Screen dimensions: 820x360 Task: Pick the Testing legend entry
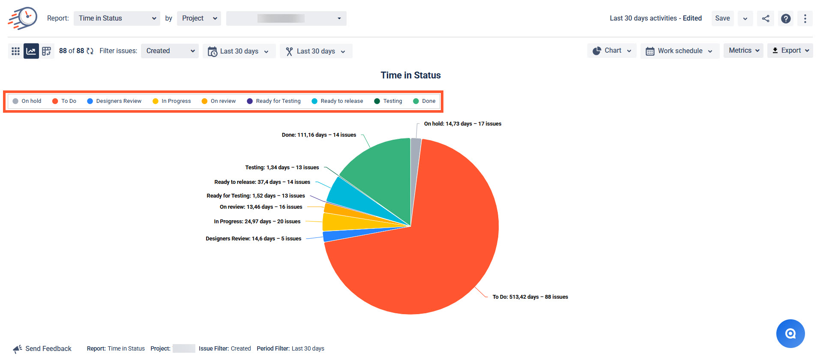point(388,101)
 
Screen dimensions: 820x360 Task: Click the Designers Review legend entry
point(114,101)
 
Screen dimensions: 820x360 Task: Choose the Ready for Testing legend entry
point(274,101)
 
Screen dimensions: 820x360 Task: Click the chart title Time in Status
point(410,75)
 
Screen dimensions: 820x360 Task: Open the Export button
point(790,51)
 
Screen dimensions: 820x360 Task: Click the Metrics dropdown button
point(743,51)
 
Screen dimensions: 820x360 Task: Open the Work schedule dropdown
point(679,51)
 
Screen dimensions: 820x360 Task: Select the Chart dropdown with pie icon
point(612,51)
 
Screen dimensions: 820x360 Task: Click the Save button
point(722,18)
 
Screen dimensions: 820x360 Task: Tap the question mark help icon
point(786,18)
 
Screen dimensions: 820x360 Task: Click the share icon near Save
point(766,18)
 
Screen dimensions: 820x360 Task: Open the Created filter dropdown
point(170,51)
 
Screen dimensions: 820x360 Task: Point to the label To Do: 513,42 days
point(515,297)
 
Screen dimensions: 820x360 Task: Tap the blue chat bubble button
point(790,333)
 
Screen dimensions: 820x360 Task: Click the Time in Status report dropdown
point(117,18)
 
